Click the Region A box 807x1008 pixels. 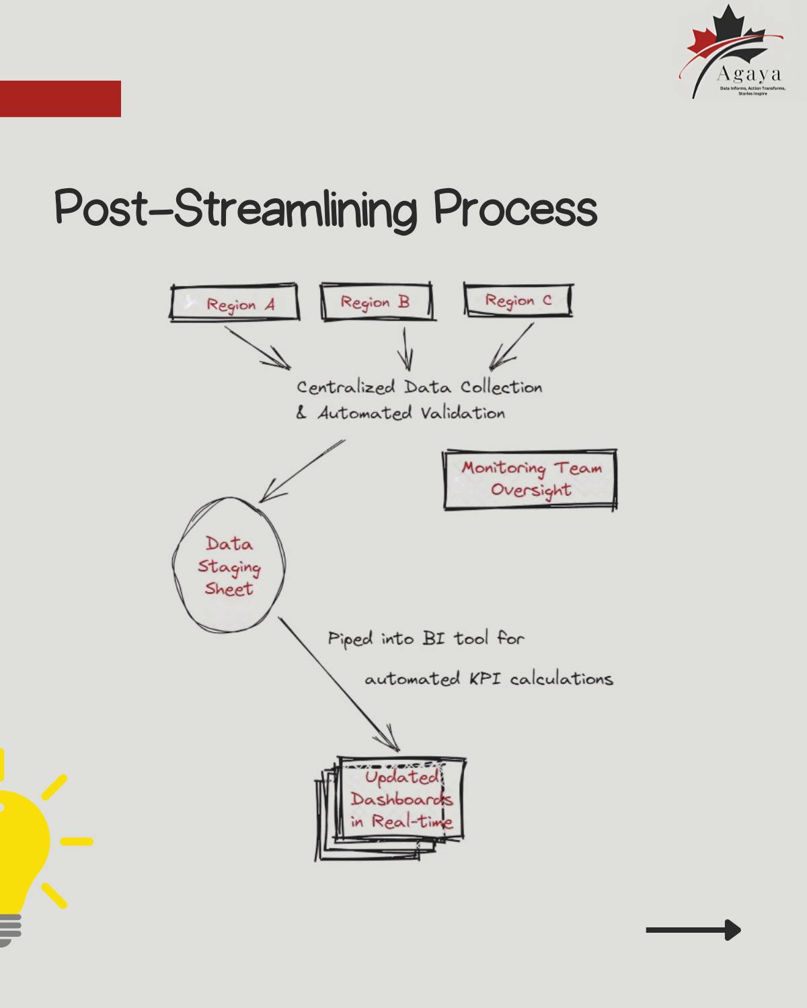click(234, 304)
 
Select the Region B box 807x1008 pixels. click(376, 302)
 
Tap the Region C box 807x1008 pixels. click(518, 300)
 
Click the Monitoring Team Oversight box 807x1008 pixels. click(530, 480)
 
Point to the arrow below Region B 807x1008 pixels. click(406, 349)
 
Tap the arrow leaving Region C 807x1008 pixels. click(511, 347)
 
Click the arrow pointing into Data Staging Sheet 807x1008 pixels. click(303, 470)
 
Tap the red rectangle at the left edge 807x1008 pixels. click(61, 99)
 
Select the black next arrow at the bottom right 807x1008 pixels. click(693, 930)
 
